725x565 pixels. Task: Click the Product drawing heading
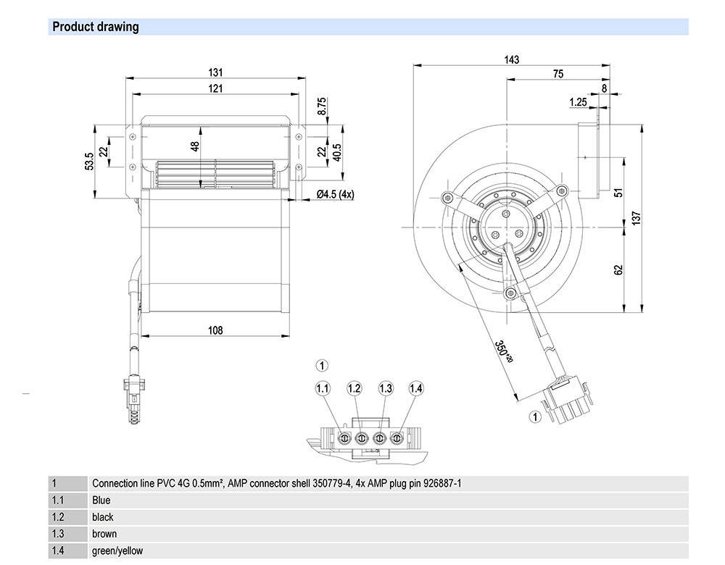[95, 28]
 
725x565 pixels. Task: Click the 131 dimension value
[215, 72]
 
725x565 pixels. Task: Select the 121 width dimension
[215, 88]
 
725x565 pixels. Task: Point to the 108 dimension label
[215, 330]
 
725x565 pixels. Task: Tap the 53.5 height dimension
[88, 159]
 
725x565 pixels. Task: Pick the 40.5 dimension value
[338, 152]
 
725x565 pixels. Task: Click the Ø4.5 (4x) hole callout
[336, 194]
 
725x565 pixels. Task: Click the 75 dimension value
[558, 74]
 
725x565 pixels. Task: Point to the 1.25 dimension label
[577, 102]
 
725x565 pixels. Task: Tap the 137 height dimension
[636, 219]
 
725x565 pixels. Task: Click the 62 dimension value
[618, 269]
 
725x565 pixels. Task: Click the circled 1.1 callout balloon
[323, 389]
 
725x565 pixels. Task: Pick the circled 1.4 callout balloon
[415, 389]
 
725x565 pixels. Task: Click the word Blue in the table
[101, 500]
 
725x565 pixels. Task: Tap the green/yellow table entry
[117, 551]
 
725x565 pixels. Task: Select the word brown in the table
[104, 534]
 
